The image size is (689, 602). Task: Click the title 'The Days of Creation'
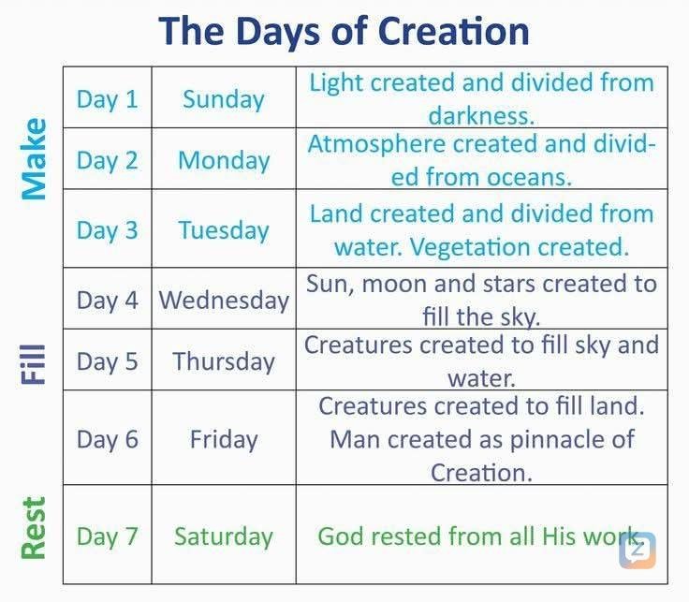click(344, 30)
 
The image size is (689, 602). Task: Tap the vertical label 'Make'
click(35, 158)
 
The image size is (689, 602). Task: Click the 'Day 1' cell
click(107, 99)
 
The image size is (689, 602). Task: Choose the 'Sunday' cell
click(224, 99)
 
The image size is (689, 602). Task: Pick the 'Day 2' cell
click(107, 160)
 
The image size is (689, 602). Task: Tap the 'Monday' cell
click(224, 160)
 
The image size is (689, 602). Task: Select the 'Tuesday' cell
click(224, 230)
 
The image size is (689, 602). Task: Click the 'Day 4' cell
click(107, 300)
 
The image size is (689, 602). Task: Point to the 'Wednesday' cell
click(224, 300)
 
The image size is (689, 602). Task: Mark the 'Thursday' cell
click(224, 361)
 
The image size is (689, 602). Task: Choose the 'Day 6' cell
click(107, 438)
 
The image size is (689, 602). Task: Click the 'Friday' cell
click(224, 438)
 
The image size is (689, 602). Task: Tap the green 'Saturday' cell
click(224, 536)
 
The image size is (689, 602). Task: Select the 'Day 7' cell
click(107, 536)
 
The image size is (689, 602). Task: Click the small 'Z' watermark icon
click(638, 550)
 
